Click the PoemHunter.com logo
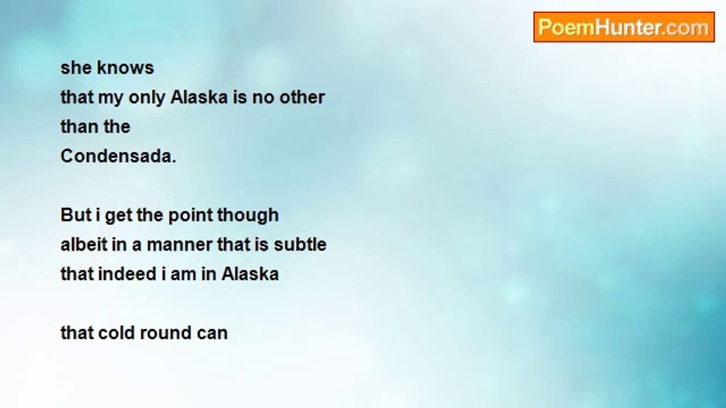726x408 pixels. [624, 27]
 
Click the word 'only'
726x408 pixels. [147, 98]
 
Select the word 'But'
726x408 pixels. [76, 215]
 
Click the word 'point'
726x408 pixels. [190, 216]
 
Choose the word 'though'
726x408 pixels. [248, 216]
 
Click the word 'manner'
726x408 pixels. [179, 245]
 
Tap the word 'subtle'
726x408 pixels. [300, 244]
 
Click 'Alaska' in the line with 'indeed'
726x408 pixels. [250, 274]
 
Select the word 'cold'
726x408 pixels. [116, 333]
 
